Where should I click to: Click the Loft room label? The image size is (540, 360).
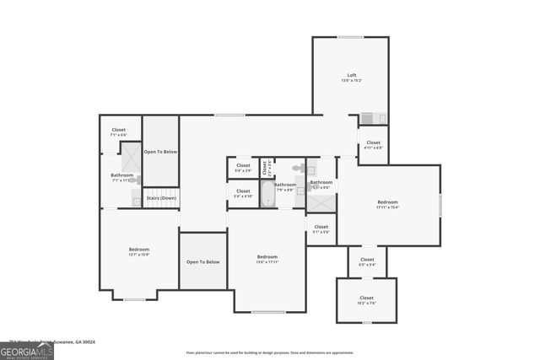click(352, 78)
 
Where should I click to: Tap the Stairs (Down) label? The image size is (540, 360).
click(160, 198)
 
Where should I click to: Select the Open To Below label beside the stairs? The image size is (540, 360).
click(160, 152)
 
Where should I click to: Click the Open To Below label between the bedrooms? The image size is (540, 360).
click(202, 261)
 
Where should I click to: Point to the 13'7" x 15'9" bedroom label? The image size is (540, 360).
click(139, 251)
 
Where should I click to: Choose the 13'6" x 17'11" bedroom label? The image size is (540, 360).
click(267, 259)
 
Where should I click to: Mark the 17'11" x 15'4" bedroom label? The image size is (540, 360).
click(387, 204)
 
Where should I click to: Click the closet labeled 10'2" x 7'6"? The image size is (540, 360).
click(366, 300)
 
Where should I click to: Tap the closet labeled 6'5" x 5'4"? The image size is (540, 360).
click(367, 261)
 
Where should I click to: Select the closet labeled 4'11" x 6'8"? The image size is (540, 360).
click(373, 145)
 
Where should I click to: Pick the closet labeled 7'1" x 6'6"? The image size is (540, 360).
click(118, 132)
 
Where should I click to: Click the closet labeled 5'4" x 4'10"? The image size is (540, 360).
click(243, 194)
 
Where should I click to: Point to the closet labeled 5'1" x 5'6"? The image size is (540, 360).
click(321, 228)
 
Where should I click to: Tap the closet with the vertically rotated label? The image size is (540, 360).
click(265, 168)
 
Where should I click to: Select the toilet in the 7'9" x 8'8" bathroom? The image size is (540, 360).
click(297, 169)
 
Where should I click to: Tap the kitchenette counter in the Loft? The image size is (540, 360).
click(373, 119)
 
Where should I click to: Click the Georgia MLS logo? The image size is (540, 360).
click(27, 350)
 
